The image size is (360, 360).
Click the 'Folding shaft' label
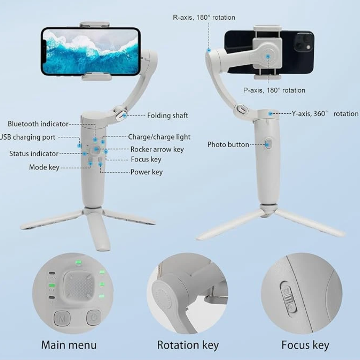point(167,116)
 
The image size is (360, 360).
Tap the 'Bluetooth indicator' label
point(38,124)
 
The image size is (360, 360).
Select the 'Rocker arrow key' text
point(157,149)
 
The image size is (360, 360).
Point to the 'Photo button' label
point(228,144)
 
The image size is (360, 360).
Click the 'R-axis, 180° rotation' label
point(204,18)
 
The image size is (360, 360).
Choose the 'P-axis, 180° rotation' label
point(274,90)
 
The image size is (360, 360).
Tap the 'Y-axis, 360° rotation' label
point(325,114)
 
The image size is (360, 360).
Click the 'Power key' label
point(146,172)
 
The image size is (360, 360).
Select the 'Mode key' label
point(44,167)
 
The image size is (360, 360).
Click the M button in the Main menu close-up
point(62,318)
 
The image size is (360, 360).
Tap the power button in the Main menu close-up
point(94,318)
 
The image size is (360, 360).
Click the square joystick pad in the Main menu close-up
point(79,286)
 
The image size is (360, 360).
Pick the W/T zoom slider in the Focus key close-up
point(288,297)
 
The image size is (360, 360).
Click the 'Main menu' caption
point(69,345)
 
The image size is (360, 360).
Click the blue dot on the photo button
point(267,144)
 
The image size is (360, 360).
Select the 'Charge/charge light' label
point(159,137)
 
